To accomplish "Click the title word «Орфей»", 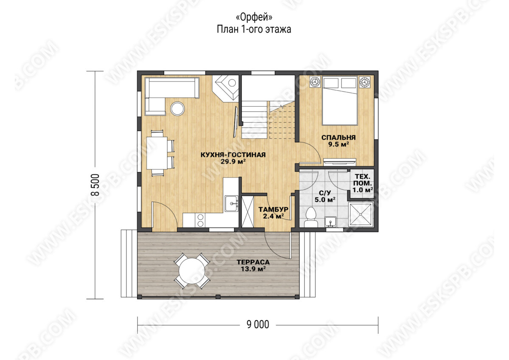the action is pyautogui.click(x=254, y=17).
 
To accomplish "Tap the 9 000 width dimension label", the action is pyautogui.click(x=258, y=324).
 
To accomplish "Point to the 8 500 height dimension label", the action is pyautogui.click(x=95, y=185).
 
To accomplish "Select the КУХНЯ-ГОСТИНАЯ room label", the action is pyautogui.click(x=233, y=155).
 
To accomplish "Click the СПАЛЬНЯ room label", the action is pyautogui.click(x=338, y=138).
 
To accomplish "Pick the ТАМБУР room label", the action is pyautogui.click(x=273, y=209).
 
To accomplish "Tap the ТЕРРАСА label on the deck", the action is pyautogui.click(x=253, y=262).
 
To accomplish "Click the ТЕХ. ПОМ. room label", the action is pyautogui.click(x=362, y=180).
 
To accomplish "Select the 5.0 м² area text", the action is pyautogui.click(x=325, y=200).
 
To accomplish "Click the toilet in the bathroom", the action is pyautogui.click(x=311, y=217).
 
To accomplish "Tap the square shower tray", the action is pyautogui.click(x=361, y=215).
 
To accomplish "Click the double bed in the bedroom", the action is pyautogui.click(x=340, y=101).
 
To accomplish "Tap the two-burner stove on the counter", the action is pyautogui.click(x=200, y=220).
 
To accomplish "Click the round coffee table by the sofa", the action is pyautogui.click(x=177, y=109).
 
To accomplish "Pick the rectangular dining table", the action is pyautogui.click(x=157, y=153).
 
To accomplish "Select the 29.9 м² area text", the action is pyautogui.click(x=233, y=162).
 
